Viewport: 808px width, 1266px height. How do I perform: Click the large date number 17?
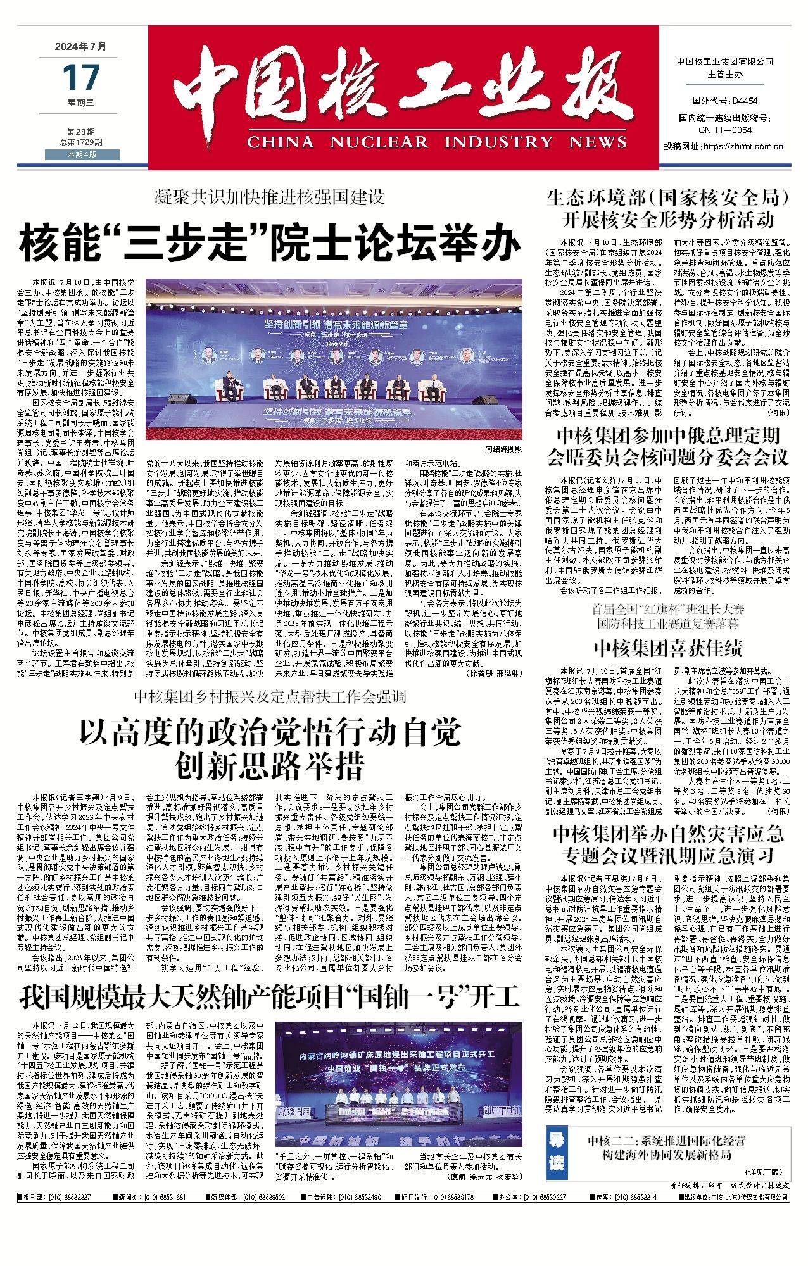pos(80,78)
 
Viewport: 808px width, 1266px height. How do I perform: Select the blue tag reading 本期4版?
pos(82,154)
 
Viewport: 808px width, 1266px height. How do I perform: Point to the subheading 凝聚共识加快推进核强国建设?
pos(270,197)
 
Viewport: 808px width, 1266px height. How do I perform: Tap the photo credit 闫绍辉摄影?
pos(503,449)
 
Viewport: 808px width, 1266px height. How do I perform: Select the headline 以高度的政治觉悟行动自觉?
pos(270,734)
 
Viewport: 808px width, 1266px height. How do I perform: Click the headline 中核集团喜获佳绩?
pos(667,648)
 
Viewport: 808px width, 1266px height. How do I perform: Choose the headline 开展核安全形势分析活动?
pos(667,220)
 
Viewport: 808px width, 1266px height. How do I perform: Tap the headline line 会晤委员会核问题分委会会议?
pos(667,456)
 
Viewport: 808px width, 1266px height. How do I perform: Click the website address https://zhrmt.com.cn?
pos(743,146)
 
